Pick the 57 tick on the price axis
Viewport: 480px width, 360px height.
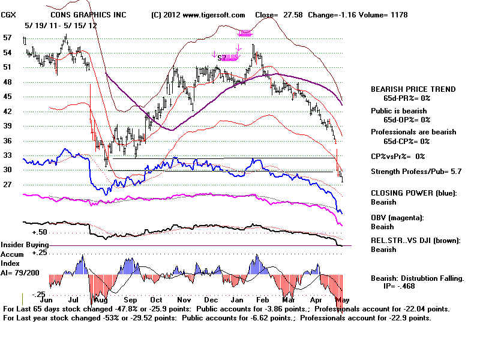pos(7,37)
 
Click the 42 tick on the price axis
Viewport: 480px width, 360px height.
pos(7,111)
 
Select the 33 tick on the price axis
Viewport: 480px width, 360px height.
pos(7,155)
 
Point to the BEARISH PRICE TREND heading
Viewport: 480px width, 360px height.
pos(413,89)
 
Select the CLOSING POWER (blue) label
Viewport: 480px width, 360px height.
pos(413,193)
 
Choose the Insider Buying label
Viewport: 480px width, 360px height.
pos(25,245)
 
